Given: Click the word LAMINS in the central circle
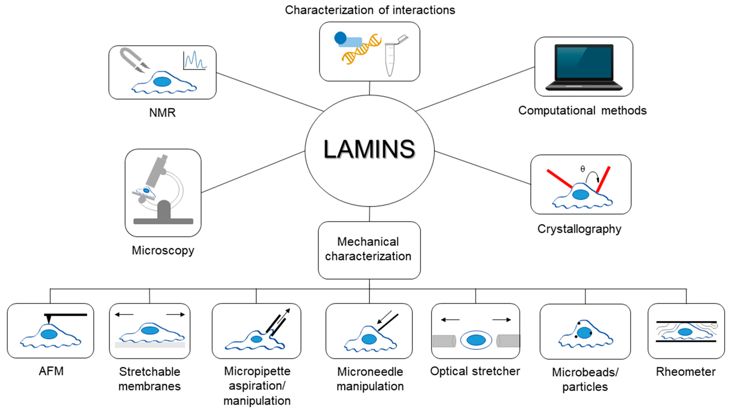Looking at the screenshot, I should coord(369,149).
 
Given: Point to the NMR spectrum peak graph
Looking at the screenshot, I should coord(195,60).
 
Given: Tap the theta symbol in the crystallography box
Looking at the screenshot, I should coord(583,169).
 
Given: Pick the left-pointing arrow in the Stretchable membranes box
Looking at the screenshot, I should coord(124,314).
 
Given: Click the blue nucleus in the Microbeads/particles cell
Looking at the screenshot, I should coord(584,333).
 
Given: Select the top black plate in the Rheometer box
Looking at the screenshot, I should coord(686,322).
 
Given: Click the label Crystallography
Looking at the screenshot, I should coord(579,229).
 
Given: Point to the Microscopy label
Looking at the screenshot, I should coord(163,250).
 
